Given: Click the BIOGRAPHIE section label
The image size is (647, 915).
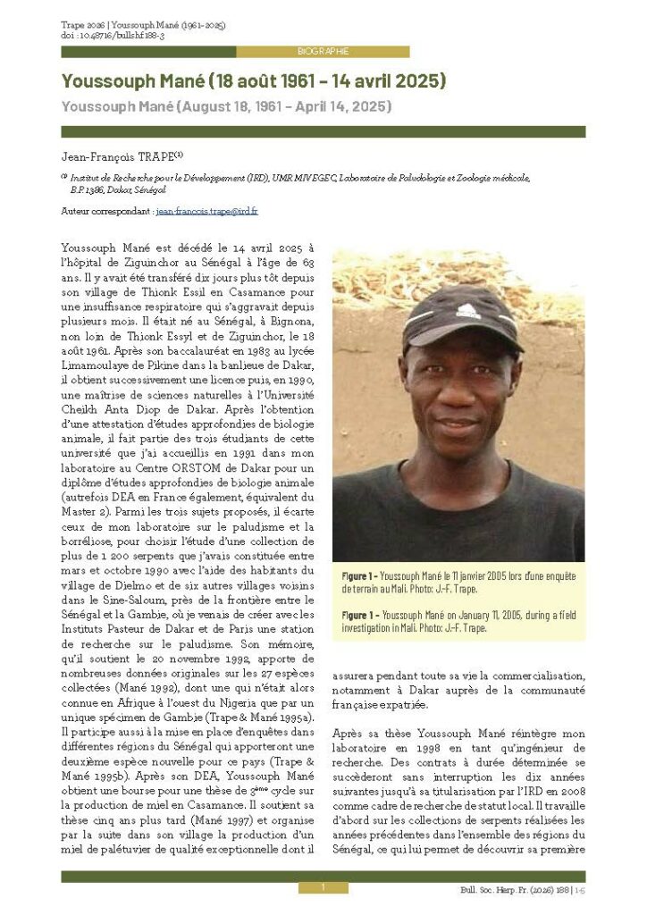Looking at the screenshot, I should coord(323,52).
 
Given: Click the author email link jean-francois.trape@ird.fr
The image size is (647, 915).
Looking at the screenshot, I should coord(206,211).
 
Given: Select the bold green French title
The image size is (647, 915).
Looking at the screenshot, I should coord(253,81).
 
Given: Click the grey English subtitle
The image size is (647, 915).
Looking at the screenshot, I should coord(226,106).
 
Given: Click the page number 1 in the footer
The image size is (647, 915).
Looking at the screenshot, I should coord(323,887).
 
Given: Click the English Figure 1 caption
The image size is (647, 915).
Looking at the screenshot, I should coord(458,622).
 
